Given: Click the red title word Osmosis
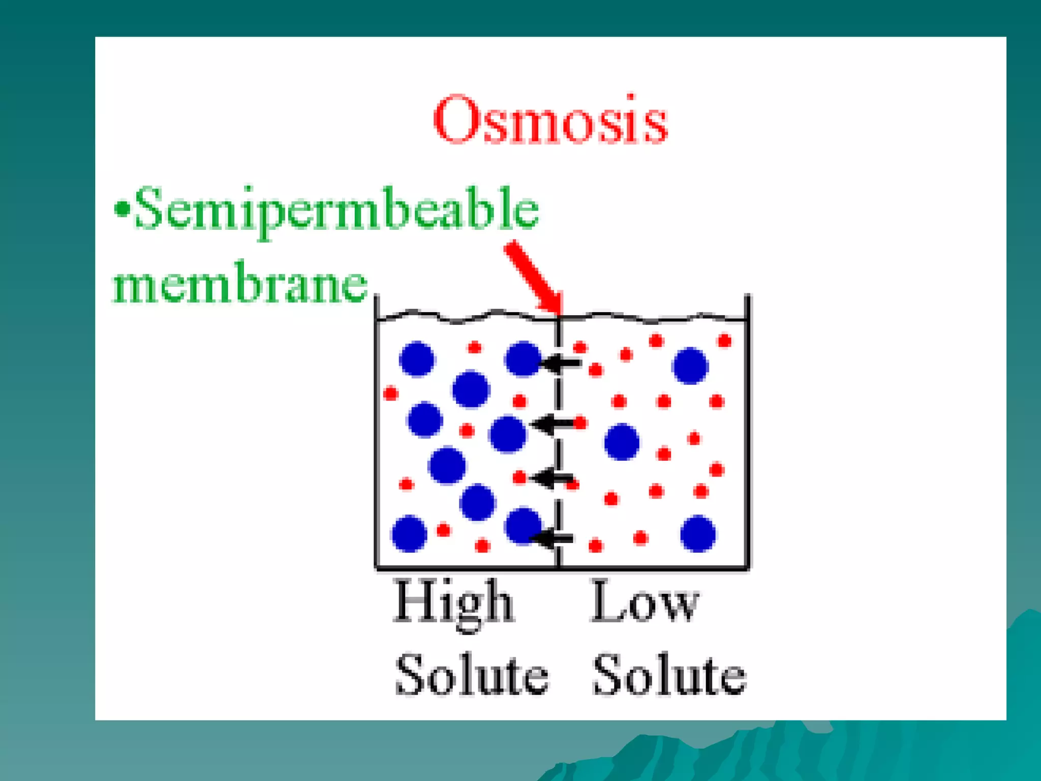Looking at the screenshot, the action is point(550,120).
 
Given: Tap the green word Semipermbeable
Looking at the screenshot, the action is point(336,209).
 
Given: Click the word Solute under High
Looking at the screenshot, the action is point(472,675).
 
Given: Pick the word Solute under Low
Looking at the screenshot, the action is point(669,675).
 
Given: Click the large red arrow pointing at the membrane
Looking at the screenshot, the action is point(534,277).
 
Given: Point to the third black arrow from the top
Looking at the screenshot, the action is point(553,478).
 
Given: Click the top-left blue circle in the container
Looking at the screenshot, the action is point(417,359).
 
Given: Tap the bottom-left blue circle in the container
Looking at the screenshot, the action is point(409,533).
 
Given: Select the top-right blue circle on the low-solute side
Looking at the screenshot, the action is point(690,365).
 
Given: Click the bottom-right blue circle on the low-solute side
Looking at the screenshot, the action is point(698,533).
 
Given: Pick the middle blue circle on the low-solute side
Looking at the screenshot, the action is point(622,441).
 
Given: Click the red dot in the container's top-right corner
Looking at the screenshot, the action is point(724,341).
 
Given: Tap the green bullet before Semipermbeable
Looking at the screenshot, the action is point(122,209).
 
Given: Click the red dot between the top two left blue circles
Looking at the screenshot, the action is point(474,348).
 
